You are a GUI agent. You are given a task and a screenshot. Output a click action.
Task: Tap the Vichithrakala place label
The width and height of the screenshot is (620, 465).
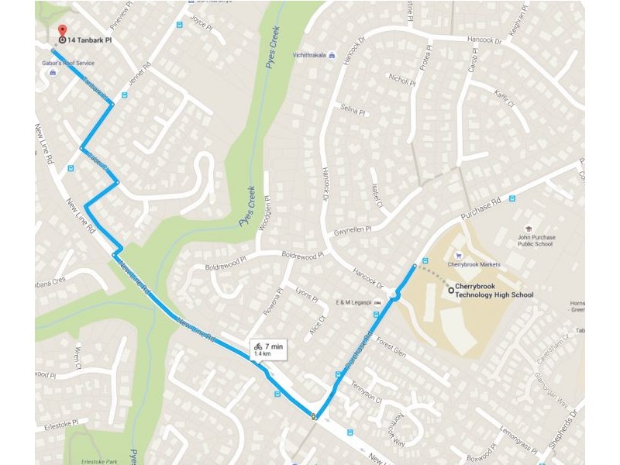point(305,55)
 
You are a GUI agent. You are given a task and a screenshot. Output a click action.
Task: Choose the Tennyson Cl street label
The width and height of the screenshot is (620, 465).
point(367,391)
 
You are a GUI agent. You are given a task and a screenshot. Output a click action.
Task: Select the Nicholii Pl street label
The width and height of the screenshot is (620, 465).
point(403,80)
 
